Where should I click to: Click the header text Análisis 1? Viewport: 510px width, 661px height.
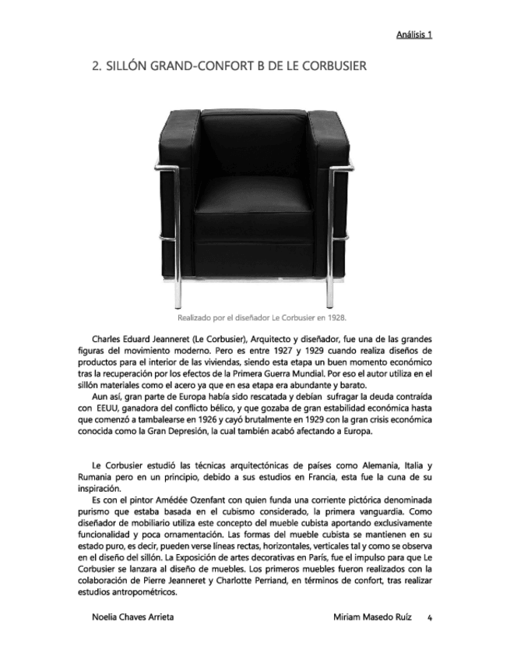pyautogui.click(x=413, y=35)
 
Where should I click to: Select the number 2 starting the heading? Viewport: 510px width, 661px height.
pyautogui.click(x=96, y=66)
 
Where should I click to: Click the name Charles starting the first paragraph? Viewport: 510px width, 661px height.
pyautogui.click(x=108, y=340)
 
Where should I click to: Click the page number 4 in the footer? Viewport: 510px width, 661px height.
pyautogui.click(x=429, y=617)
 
